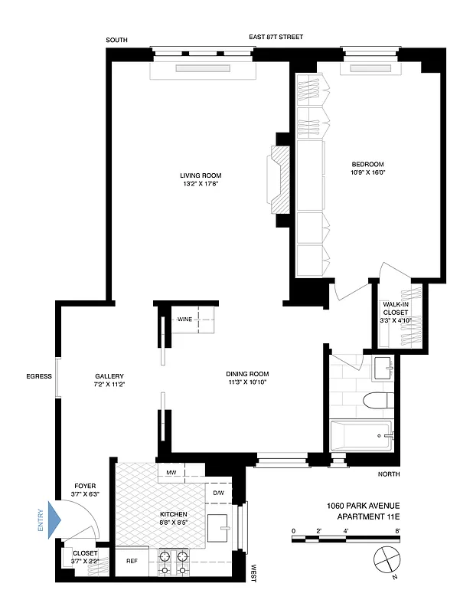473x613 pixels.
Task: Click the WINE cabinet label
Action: tap(184, 320)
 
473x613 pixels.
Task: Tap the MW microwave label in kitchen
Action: tap(171, 474)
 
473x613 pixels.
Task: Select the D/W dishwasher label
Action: tap(218, 493)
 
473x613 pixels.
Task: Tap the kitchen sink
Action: tap(223, 528)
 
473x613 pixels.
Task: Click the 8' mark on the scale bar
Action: tap(398, 530)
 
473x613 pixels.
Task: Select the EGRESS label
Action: tap(38, 376)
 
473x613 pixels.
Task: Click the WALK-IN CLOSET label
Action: tap(396, 312)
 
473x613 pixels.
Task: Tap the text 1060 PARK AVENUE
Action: tap(363, 506)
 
